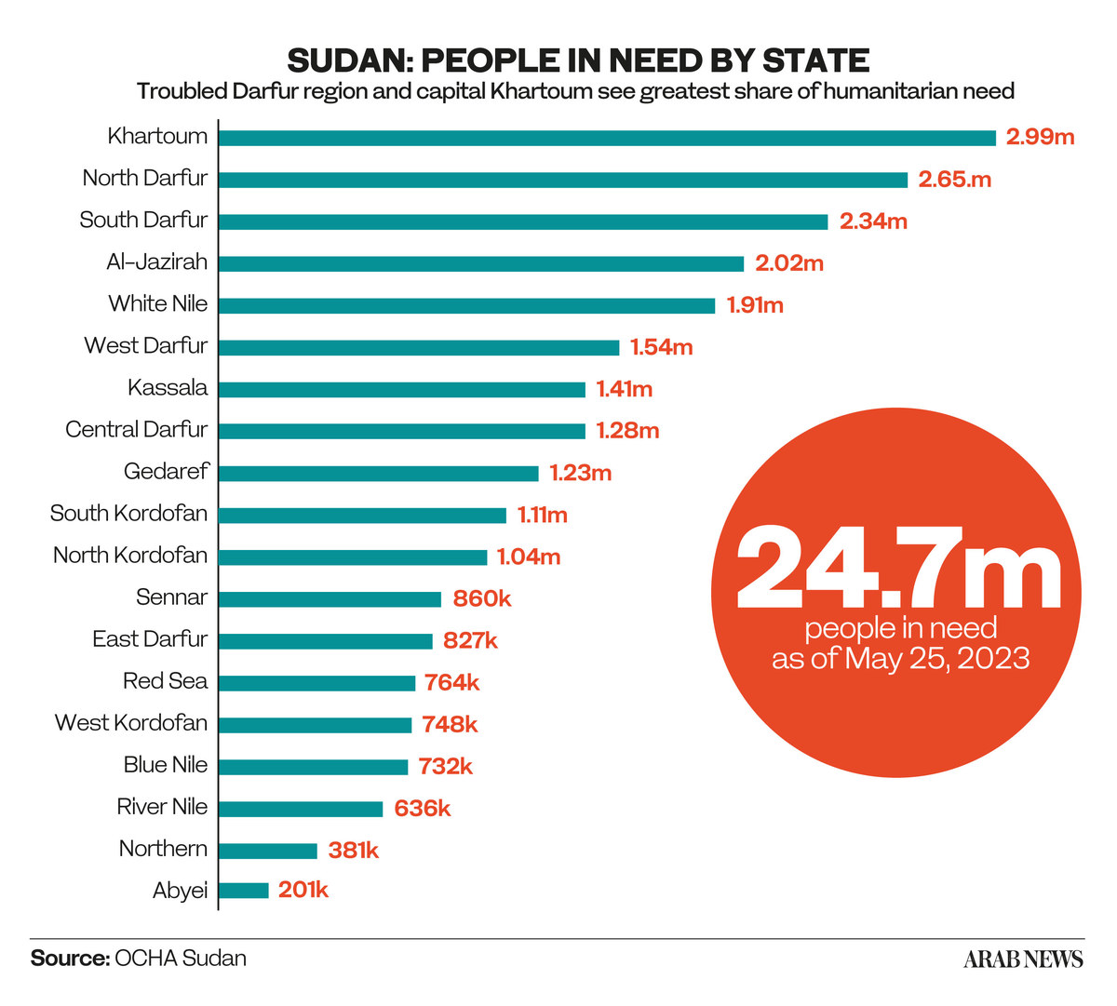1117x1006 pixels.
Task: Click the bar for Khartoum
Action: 607,138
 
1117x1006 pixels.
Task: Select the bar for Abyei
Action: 244,891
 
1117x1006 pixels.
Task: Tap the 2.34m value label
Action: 873,221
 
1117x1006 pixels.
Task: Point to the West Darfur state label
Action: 146,346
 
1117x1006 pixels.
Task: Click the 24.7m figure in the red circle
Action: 897,568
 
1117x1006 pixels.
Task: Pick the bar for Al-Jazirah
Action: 481,263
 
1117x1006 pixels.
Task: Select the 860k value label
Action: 481,598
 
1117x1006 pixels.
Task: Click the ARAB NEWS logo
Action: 1023,959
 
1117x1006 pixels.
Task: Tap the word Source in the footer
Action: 70,959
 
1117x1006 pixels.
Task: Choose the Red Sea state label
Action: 165,681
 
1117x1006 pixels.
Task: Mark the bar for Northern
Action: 268,851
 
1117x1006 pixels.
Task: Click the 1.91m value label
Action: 755,305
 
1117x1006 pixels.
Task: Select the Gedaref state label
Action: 166,472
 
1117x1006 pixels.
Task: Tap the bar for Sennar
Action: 330,599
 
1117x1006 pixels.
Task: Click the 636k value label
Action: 422,809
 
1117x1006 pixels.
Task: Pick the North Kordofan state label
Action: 130,556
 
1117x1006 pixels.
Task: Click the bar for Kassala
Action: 402,390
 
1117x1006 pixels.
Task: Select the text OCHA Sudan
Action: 181,959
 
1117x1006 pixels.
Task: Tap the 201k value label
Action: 303,891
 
